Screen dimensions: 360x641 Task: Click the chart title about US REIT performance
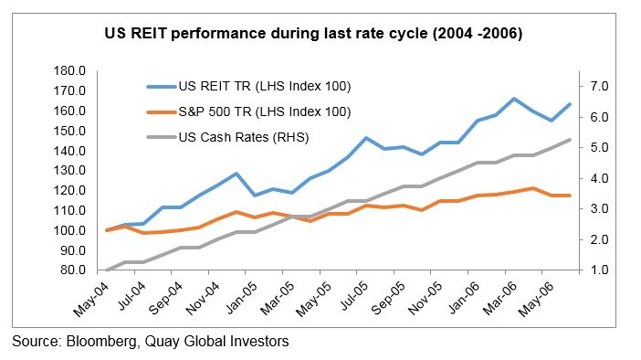coord(320,35)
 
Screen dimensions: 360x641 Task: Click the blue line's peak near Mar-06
coord(514,99)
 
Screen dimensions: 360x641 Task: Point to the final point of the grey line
coord(571,140)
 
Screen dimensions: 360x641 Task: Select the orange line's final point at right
coord(571,196)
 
